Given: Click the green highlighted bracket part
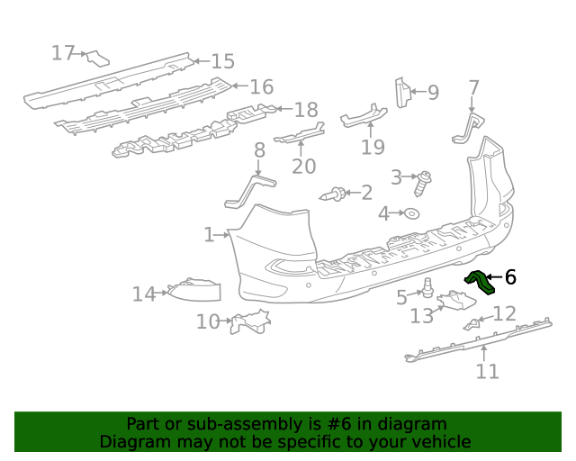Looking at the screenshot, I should click(x=480, y=281).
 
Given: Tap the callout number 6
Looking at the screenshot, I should click(x=510, y=277).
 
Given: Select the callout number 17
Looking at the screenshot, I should click(x=62, y=53).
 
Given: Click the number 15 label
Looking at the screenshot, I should click(x=222, y=61).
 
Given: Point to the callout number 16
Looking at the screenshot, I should click(x=261, y=86).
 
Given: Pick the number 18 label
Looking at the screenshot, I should click(x=306, y=110).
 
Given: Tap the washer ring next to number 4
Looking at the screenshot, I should click(x=411, y=213).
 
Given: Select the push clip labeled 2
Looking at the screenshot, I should click(x=334, y=193).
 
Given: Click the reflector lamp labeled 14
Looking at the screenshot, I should click(x=194, y=289).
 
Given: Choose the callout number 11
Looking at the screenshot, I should click(x=487, y=371).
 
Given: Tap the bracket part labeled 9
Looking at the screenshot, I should click(x=402, y=93).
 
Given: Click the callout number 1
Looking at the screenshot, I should click(x=209, y=235).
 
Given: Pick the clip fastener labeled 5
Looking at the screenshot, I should click(x=428, y=289).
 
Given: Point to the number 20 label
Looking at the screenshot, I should click(x=304, y=166).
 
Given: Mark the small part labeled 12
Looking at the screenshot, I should click(x=472, y=323).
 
